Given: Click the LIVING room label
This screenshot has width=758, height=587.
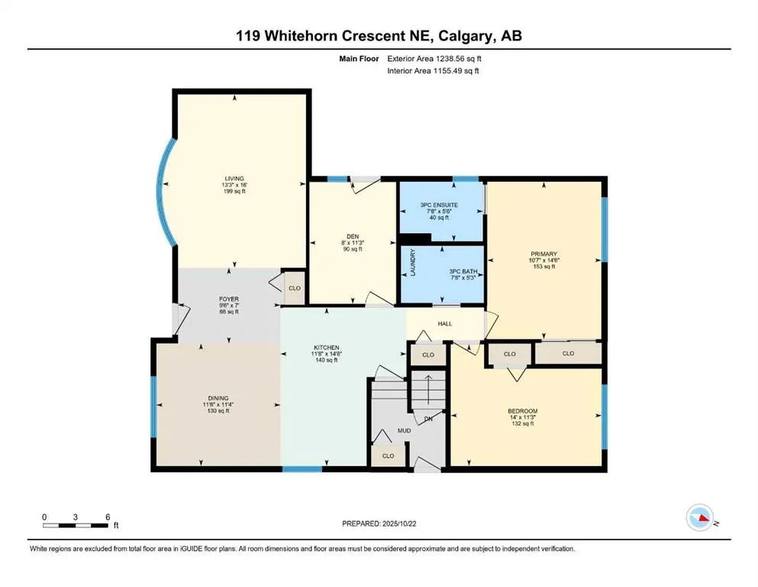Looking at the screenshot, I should [234, 178].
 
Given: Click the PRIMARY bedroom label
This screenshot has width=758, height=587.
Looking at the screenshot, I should [544, 254].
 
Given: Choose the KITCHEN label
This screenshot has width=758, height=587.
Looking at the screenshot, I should [325, 348].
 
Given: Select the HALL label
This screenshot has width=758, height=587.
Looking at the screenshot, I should [445, 323].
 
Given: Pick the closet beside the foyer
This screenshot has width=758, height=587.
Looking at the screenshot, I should [293, 289].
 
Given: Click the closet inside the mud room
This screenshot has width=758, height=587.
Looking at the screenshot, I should [388, 456].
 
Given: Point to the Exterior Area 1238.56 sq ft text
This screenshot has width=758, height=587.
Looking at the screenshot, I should [434, 58].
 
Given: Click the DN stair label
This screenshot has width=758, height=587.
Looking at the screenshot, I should [427, 418].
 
